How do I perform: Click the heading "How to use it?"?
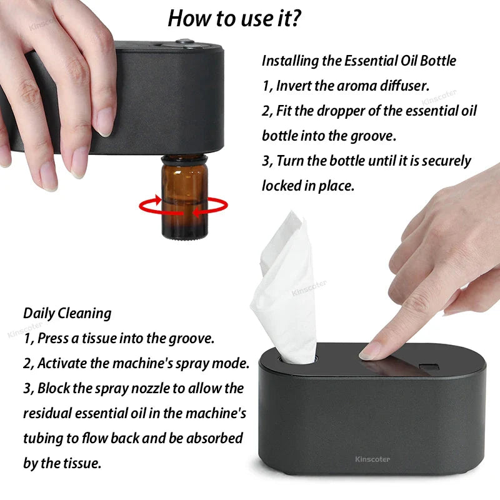(234, 19)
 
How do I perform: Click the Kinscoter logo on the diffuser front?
(372, 459)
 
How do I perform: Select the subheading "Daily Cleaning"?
(67, 313)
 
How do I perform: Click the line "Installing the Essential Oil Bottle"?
(359, 61)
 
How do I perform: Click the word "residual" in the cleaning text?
(47, 413)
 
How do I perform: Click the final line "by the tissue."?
(62, 463)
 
